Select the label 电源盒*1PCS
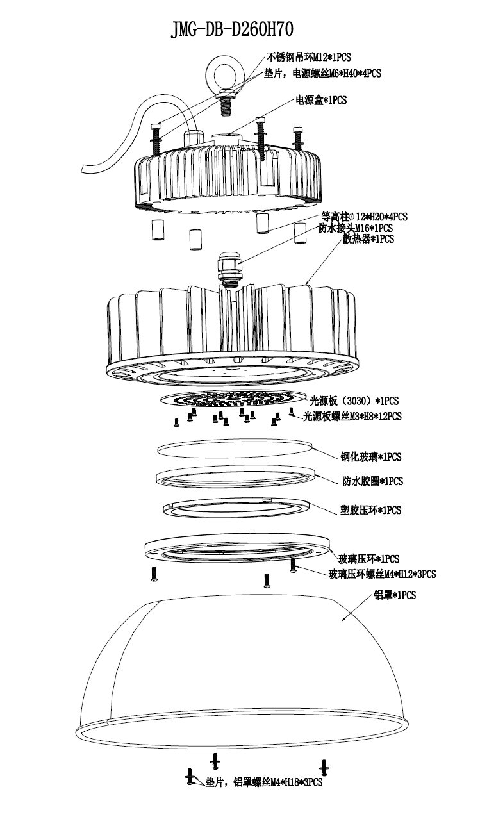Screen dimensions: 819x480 click(320, 100)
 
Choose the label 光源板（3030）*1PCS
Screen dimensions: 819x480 click(354, 401)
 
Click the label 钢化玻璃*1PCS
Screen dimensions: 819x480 click(371, 457)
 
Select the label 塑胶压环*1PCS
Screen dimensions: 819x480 click(371, 510)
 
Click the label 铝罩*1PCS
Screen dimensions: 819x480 click(395, 595)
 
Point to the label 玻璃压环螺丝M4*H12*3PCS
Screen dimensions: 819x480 click(382, 574)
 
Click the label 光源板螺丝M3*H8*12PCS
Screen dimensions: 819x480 click(352, 416)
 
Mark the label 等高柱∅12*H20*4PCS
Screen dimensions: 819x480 click(363, 217)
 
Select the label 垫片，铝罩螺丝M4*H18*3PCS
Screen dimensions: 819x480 click(263, 782)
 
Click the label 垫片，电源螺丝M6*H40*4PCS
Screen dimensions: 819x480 click(322, 74)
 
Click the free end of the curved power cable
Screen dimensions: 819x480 click(90, 169)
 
